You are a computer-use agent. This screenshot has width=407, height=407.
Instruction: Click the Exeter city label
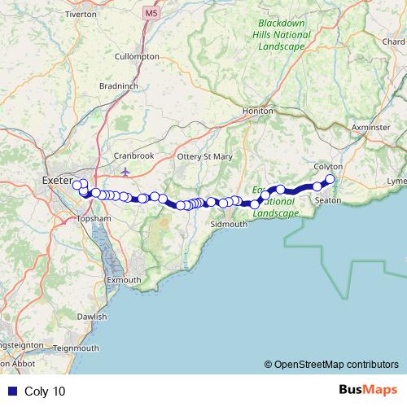(56, 178)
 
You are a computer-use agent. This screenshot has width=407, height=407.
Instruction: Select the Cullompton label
(138, 57)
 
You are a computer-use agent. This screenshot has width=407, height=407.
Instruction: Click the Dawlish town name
(91, 316)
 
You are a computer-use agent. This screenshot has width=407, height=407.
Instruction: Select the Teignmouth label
(75, 348)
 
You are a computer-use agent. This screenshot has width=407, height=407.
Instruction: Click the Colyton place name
(328, 167)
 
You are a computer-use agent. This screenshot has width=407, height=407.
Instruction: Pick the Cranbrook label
(133, 155)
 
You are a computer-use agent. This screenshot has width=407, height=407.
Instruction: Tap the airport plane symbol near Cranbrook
(125, 172)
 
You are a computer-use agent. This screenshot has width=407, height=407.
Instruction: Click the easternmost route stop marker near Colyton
(330, 179)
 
